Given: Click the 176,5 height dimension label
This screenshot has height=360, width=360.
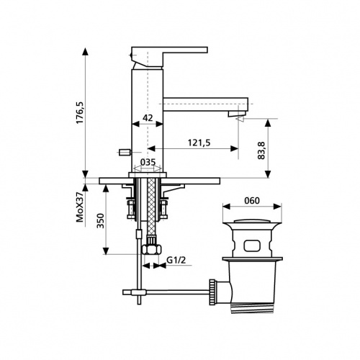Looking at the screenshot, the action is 80,112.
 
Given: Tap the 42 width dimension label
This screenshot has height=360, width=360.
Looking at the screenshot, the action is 148,117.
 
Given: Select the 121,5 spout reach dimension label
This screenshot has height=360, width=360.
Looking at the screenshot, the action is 199,143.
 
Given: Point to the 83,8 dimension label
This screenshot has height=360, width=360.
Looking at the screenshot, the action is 261,150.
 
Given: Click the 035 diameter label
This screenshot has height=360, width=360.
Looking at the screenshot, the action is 148,162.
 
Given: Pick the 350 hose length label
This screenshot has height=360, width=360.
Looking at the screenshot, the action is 100,220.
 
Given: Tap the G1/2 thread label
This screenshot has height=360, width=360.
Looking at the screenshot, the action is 176,260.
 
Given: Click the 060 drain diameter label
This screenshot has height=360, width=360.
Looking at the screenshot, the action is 252,200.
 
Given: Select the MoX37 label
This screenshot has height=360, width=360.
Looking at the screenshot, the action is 80,207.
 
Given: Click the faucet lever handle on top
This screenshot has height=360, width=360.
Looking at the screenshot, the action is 169,55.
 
